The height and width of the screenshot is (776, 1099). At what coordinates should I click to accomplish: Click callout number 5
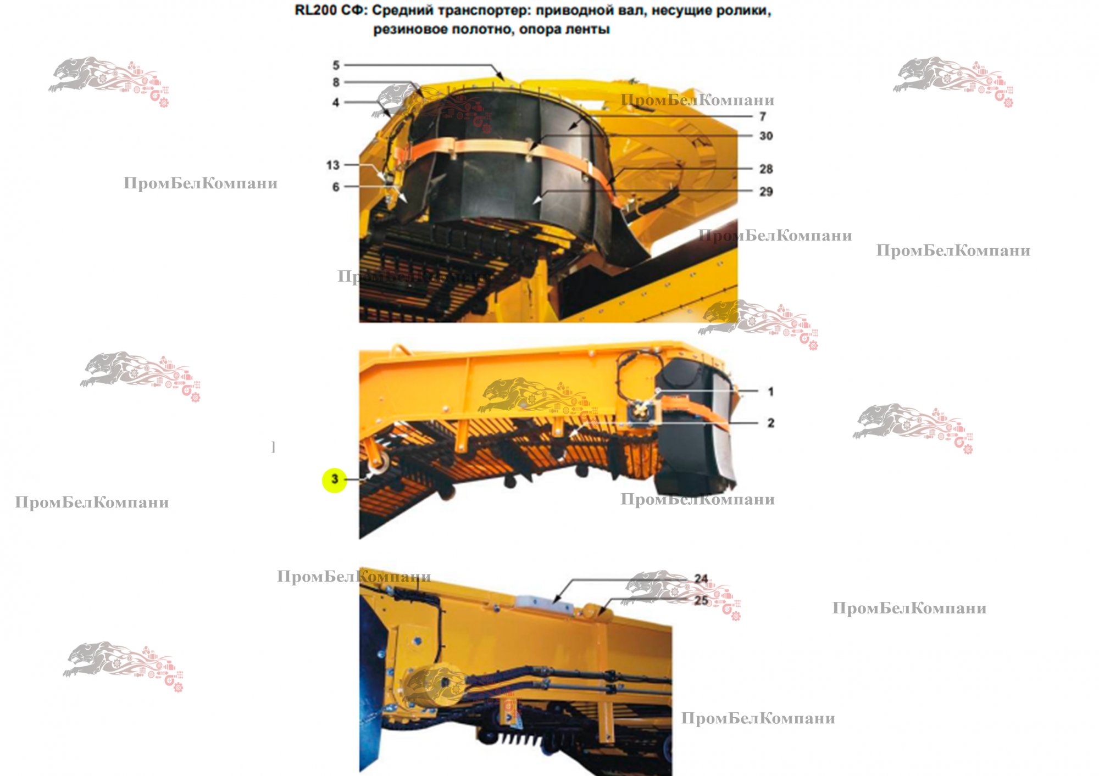pyautogui.click(x=336, y=65)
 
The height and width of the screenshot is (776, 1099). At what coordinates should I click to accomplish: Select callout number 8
pyautogui.click(x=336, y=82)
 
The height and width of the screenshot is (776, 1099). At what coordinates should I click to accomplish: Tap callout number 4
pyautogui.click(x=336, y=102)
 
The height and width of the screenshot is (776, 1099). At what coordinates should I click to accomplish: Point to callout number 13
pyautogui.click(x=333, y=165)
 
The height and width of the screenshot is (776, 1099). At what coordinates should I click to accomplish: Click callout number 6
pyautogui.click(x=336, y=187)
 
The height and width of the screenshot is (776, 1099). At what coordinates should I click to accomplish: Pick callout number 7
pyautogui.click(x=763, y=116)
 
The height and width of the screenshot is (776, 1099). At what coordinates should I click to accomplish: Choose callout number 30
pyautogui.click(x=766, y=136)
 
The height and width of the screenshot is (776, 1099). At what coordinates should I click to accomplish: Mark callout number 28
pyautogui.click(x=766, y=169)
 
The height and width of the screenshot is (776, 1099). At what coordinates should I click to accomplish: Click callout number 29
pyautogui.click(x=766, y=192)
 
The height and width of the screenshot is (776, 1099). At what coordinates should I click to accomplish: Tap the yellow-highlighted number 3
pyautogui.click(x=335, y=480)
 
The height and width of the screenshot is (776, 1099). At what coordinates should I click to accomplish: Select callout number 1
pyautogui.click(x=771, y=392)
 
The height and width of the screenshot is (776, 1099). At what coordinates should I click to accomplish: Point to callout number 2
pyautogui.click(x=771, y=423)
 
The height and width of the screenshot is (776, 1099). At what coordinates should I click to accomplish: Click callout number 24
pyautogui.click(x=701, y=579)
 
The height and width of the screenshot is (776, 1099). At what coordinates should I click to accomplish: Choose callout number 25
pyautogui.click(x=701, y=600)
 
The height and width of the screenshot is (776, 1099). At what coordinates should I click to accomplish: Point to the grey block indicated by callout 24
pyautogui.click(x=544, y=602)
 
